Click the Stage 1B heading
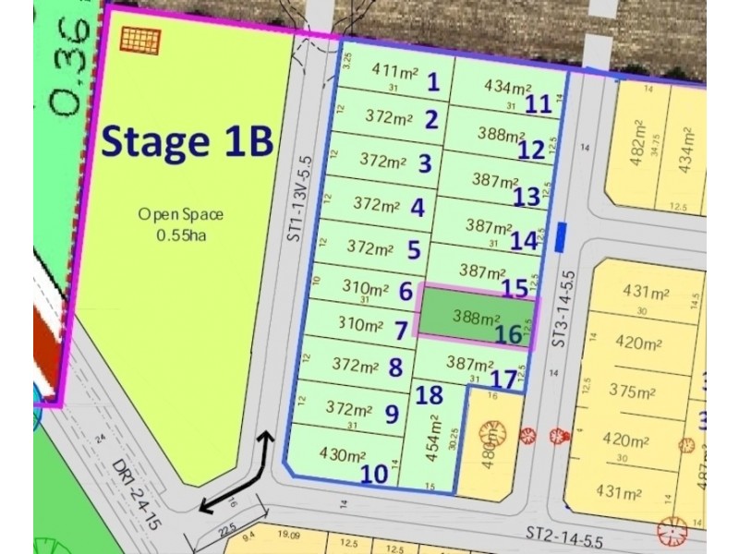pos(187,142)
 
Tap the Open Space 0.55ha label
pos(181,223)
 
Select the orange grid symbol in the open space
pos(140,40)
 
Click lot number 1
pos(432,82)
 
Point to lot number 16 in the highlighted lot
pos(509,332)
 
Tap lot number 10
pos(373,473)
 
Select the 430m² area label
pos(343,454)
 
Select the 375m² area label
pos(632,391)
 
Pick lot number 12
pos(531,149)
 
